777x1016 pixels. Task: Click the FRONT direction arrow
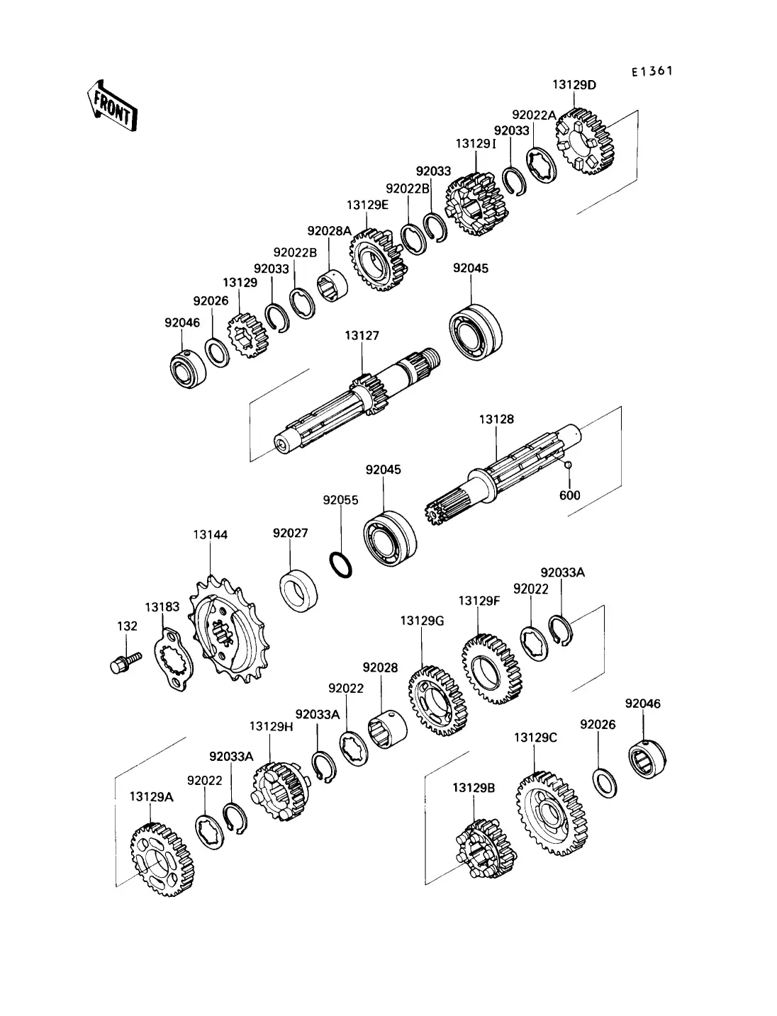pyautogui.click(x=111, y=106)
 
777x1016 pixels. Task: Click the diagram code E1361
pyautogui.click(x=652, y=72)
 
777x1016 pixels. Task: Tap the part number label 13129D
pyautogui.click(x=574, y=85)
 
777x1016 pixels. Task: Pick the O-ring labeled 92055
pyautogui.click(x=342, y=563)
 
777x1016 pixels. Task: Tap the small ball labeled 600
pyautogui.click(x=568, y=465)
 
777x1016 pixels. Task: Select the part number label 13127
pyautogui.click(x=362, y=337)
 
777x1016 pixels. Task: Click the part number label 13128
pyautogui.click(x=496, y=419)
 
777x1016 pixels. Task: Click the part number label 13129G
pyautogui.click(x=422, y=621)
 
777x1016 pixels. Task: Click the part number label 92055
pyautogui.click(x=340, y=499)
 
